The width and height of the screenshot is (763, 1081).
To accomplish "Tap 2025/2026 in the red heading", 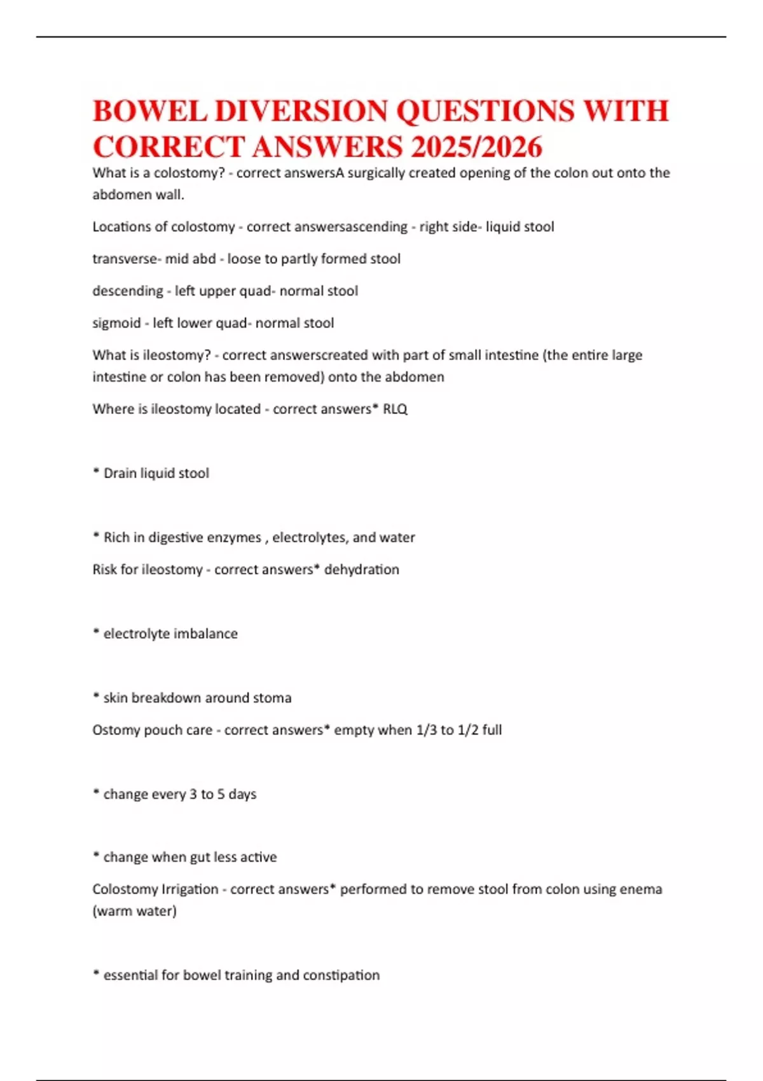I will pyautogui.click(x=476, y=147).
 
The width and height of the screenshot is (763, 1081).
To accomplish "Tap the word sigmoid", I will pyautogui.click(x=116, y=323).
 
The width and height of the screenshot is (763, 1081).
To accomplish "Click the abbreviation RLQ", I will pyautogui.click(x=395, y=409).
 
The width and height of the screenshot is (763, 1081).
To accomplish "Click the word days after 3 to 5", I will pyautogui.click(x=242, y=794).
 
